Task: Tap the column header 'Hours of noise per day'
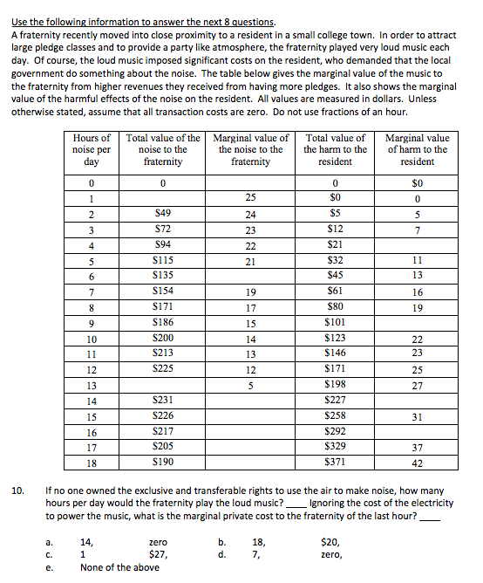click(92, 150)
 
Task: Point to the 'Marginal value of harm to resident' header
click(417, 150)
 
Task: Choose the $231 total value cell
click(162, 399)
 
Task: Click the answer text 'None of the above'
click(119, 566)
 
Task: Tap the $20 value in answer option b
click(330, 541)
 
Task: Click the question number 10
click(17, 490)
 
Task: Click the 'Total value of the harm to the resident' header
click(336, 150)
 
